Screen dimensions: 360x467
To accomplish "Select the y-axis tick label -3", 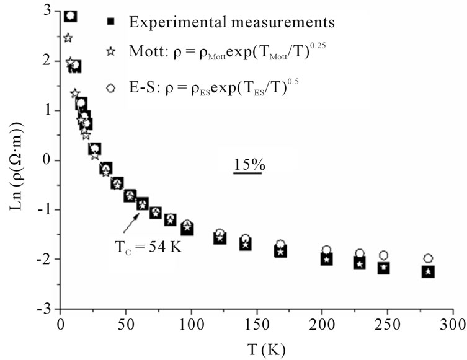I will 45,308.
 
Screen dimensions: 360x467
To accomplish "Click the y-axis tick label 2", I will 48,61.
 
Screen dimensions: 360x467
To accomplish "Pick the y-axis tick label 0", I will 48,160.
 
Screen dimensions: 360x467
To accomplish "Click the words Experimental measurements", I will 233,22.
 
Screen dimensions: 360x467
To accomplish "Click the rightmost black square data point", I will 428,271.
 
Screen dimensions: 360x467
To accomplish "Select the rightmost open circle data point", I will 428,258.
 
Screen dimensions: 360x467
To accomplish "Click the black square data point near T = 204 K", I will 326,259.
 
